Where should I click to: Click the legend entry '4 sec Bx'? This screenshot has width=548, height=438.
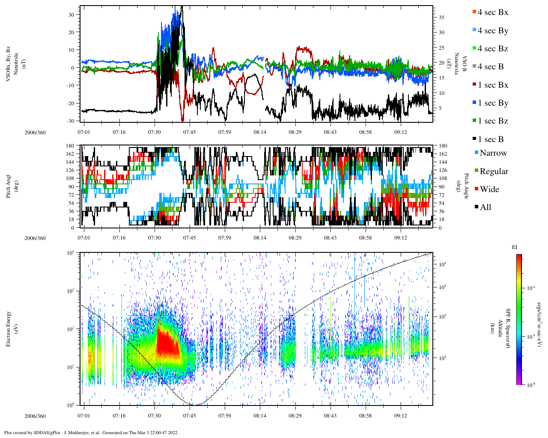click(x=492, y=12)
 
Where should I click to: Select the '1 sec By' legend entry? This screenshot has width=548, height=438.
click(x=493, y=103)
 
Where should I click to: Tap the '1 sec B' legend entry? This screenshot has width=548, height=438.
click(x=491, y=139)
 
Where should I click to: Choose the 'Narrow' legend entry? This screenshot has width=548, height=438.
click(x=493, y=153)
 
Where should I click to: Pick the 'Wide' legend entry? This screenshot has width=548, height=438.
click(x=489, y=189)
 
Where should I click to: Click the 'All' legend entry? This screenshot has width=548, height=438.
click(x=485, y=207)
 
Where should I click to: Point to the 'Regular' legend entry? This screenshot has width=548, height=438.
click(x=494, y=172)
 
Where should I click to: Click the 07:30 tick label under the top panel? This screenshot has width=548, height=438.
click(x=155, y=132)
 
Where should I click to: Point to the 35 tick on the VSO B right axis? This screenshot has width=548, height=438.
click(x=441, y=18)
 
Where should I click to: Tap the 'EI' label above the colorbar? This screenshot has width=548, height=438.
click(x=515, y=247)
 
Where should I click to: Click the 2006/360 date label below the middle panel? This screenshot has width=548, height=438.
click(x=35, y=238)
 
